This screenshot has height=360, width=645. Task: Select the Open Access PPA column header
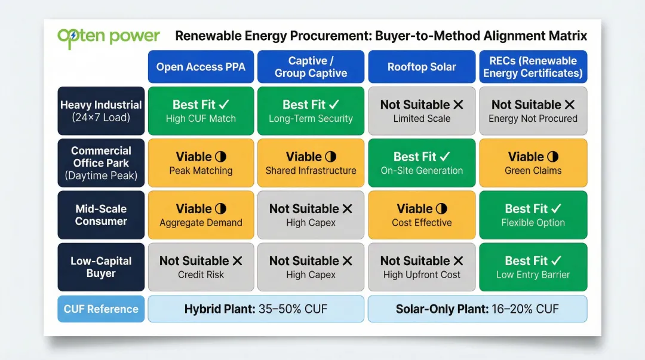coord(201,67)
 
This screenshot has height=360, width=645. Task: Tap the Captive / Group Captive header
coord(311,67)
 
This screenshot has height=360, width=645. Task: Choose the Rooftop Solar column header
coord(422,67)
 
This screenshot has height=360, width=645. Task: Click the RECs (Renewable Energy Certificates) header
coord(533,67)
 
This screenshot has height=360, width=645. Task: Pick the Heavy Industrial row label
coord(101,111)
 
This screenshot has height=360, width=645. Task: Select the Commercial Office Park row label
coord(101,163)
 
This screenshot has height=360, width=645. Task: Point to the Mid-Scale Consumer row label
coord(101,215)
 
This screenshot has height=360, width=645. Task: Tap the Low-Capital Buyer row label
coord(101,267)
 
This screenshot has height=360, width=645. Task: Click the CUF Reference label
coord(101,309)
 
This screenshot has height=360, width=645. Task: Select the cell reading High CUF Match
coord(201,111)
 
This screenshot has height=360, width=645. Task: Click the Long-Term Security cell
coord(311,111)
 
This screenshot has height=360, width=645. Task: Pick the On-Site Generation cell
coord(422,163)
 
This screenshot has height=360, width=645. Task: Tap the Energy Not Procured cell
coord(533,111)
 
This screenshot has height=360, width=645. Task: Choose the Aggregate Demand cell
coord(201,215)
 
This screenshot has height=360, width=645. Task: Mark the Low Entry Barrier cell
coord(533,267)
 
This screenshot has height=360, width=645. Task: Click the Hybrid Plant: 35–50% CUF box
coord(256,309)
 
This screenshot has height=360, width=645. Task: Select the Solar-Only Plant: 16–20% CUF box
coord(477,309)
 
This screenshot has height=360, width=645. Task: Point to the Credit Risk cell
coord(201,267)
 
